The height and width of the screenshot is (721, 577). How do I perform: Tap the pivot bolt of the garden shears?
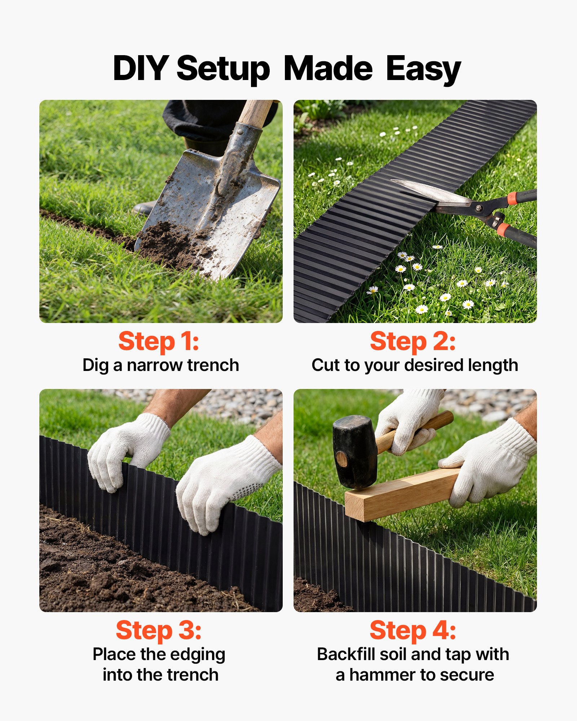[479, 208]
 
